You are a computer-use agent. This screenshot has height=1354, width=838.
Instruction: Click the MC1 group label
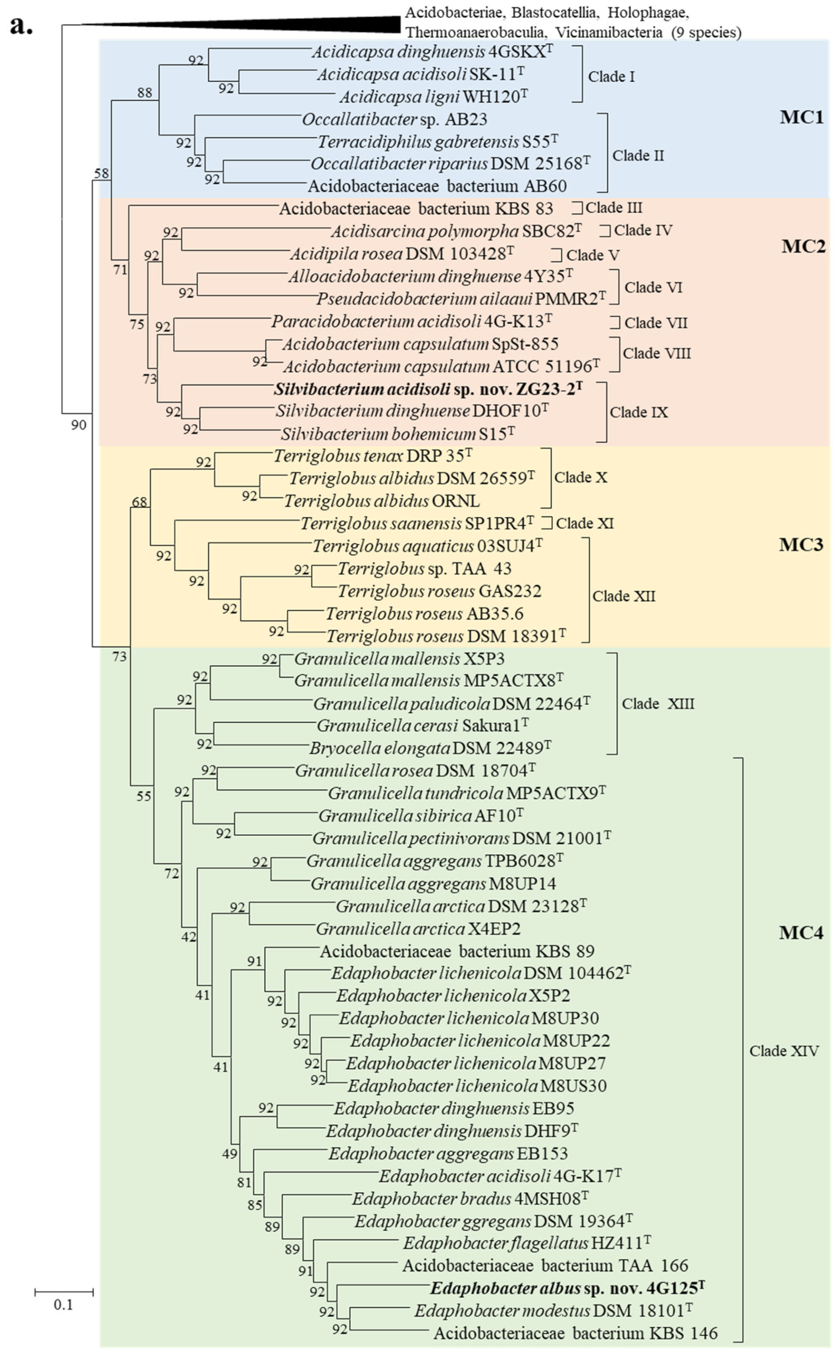(x=801, y=117)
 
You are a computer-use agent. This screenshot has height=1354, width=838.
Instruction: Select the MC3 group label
(x=801, y=544)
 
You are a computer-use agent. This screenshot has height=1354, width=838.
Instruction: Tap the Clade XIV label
(x=784, y=1051)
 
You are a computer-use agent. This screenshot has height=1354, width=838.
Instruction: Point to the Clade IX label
(x=638, y=412)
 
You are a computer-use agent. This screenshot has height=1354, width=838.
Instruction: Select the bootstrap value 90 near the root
(x=79, y=425)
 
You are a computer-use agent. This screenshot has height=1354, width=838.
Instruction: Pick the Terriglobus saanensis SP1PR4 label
(x=417, y=523)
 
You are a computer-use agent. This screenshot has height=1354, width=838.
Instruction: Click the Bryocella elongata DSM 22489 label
(x=430, y=748)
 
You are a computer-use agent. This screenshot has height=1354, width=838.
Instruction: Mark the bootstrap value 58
(x=102, y=173)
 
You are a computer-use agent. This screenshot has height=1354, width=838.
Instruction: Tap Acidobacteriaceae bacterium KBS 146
(x=575, y=1333)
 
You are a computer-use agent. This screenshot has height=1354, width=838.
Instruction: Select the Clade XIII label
(x=658, y=704)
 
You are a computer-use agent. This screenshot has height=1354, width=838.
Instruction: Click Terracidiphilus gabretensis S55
(x=438, y=142)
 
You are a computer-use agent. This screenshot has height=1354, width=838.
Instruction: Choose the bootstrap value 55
(x=144, y=796)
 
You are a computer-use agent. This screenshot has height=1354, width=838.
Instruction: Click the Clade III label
(x=614, y=208)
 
